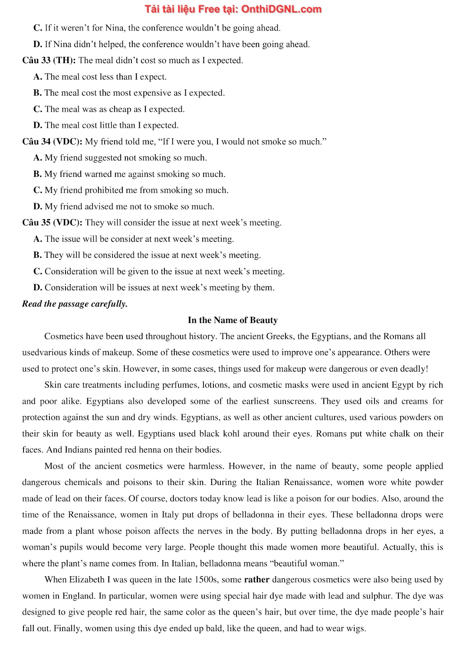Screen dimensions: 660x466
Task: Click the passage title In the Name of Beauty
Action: click(x=232, y=320)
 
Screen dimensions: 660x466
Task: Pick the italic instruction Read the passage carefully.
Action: click(x=75, y=304)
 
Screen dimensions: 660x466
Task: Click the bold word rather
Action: click(x=257, y=580)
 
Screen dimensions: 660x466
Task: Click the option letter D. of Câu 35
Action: click(x=38, y=288)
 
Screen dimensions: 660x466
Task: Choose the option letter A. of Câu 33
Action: click(x=38, y=77)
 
